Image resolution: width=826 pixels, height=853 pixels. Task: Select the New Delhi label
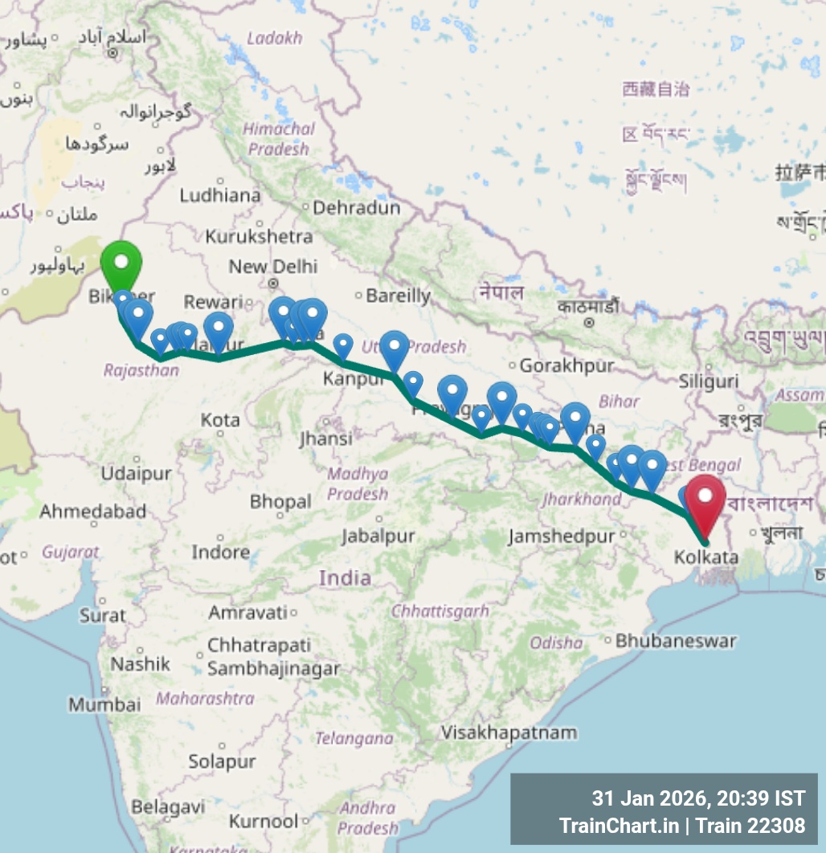tap(273, 266)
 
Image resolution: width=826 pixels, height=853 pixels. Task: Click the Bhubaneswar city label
tap(675, 641)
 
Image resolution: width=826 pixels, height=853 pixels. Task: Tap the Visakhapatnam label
tap(509, 733)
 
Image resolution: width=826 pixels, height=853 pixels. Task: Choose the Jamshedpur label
tap(561, 536)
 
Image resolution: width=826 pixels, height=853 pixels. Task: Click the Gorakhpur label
tap(566, 365)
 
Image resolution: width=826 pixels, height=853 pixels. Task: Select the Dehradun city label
tap(356, 208)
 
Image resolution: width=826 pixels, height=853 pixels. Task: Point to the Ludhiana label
tap(220, 195)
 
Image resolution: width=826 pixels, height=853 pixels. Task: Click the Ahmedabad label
tap(93, 511)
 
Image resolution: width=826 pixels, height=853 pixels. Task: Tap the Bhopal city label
tap(280, 502)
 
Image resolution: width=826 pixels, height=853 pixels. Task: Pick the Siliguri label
tap(708, 380)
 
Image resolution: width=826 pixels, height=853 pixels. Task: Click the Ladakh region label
tap(274, 38)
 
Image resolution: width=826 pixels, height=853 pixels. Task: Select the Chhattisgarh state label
tap(440, 611)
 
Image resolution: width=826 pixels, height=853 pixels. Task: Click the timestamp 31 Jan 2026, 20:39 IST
tap(697, 798)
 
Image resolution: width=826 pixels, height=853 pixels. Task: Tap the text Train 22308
tap(750, 825)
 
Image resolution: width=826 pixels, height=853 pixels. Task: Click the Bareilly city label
tap(399, 296)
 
